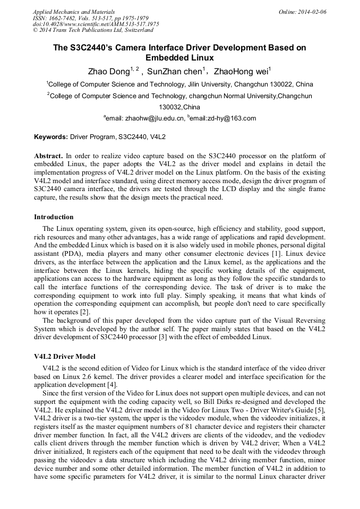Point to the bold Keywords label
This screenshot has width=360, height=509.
tap(51, 137)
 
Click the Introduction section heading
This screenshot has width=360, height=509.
tap(54, 217)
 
